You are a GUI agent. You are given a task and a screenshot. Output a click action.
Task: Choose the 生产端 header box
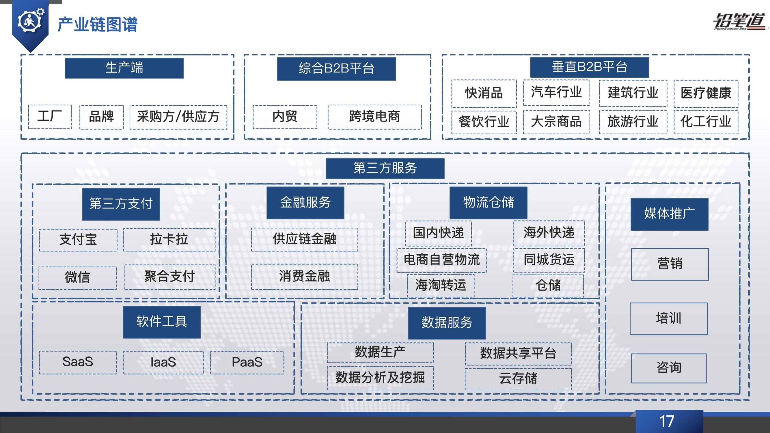click(124, 68)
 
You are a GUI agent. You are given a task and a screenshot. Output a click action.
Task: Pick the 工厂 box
click(50, 117)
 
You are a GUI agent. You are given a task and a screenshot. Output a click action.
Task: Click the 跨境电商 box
click(374, 117)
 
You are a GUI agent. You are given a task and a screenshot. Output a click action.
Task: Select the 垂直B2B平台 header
click(589, 67)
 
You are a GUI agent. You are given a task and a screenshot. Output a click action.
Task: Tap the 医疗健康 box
click(706, 93)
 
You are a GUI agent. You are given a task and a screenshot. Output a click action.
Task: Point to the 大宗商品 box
click(556, 122)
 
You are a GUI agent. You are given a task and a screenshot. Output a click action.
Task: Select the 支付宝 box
click(78, 240)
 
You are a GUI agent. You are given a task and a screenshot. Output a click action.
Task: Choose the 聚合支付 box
click(169, 277)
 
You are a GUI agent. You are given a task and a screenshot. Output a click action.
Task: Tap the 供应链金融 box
click(304, 239)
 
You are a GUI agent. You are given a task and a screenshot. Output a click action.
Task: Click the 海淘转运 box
click(441, 285)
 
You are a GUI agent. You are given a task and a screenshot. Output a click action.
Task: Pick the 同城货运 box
click(549, 260)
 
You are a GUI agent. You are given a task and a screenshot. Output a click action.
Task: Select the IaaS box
click(163, 363)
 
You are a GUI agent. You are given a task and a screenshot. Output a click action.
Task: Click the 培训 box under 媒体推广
click(668, 319)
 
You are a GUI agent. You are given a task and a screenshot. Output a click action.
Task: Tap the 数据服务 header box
click(447, 323)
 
